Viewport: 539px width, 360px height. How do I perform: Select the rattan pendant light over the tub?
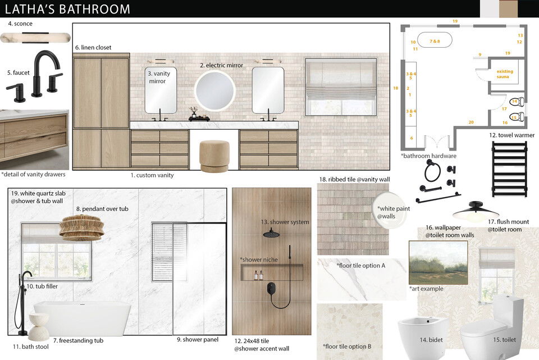coord(82,227)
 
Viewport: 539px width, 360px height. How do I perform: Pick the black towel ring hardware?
coord(432,172)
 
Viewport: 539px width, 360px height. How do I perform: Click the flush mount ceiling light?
coord(476,211)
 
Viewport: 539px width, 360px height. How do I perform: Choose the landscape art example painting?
coord(437,262)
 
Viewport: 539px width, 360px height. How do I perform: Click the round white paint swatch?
coord(392,211)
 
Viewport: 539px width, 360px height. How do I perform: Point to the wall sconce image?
coord(35,38)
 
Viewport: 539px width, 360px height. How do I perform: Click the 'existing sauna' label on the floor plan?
coord(505,74)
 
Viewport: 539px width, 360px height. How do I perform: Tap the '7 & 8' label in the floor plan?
coord(435,42)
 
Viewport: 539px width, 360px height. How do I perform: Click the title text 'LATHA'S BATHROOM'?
coord(67,9)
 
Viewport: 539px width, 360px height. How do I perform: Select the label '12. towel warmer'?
coord(511,135)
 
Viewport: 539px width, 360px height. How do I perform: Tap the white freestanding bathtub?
coord(83,317)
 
